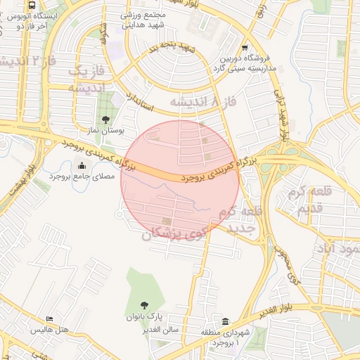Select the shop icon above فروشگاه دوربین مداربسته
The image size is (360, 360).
coord(244,48)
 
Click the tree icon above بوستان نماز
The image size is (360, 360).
coord(105,120)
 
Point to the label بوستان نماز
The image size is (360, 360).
coord(108,131)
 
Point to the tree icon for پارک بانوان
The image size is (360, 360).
coord(144,305)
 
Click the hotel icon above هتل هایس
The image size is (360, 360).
coord(49,319)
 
